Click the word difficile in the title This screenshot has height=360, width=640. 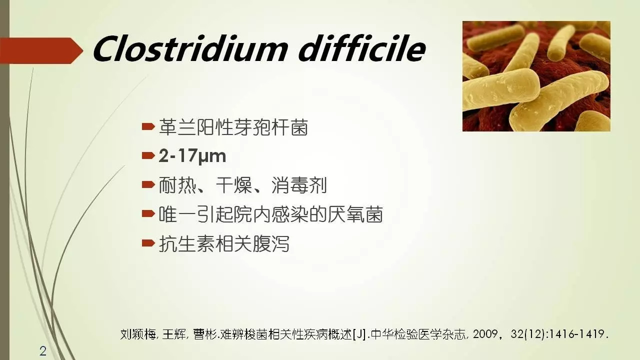[362, 48]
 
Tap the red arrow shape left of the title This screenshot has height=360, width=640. [41, 50]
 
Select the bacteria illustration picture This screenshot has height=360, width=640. [536, 76]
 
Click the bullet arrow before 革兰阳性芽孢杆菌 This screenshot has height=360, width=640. [148, 126]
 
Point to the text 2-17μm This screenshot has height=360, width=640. [192, 156]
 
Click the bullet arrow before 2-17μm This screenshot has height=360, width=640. [148, 155]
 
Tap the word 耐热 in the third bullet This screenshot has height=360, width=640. [177, 185]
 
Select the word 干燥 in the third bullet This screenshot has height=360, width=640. [233, 185]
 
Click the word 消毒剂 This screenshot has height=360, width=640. [299, 185]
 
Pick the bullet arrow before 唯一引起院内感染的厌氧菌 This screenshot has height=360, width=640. [148, 214]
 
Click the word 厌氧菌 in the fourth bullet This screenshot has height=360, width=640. [355, 214]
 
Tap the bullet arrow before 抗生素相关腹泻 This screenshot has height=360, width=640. [148, 243]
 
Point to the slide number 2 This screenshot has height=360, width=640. [43, 351]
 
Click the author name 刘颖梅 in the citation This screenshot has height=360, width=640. [137, 334]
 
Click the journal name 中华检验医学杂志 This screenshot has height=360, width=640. [418, 334]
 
